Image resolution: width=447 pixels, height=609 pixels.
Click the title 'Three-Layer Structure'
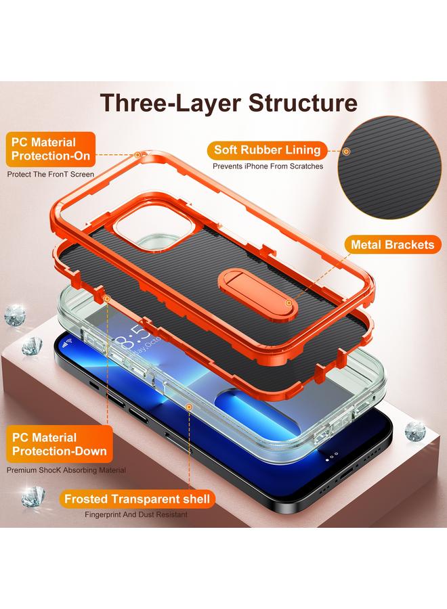[x=229, y=103]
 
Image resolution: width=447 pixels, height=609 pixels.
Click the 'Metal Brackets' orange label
[x=391, y=244]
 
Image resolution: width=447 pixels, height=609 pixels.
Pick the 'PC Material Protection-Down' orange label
[x=54, y=445]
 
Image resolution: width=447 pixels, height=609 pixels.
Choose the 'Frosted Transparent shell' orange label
[x=137, y=500]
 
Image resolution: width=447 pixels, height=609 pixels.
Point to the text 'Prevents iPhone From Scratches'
[x=268, y=166]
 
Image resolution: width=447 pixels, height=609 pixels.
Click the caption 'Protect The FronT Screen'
[x=51, y=175]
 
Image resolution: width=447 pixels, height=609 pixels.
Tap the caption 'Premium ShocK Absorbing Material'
[x=66, y=470]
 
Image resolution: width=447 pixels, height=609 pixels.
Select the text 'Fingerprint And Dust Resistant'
[x=136, y=515]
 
